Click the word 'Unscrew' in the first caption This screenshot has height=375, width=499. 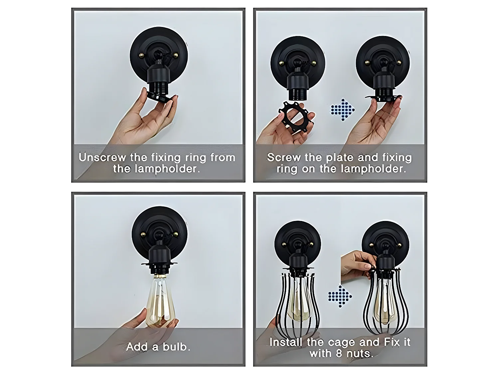(x=102, y=157)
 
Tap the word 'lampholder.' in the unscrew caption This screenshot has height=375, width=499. (x=167, y=169)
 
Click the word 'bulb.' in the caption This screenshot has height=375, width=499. (x=176, y=347)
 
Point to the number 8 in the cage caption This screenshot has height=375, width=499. (x=339, y=353)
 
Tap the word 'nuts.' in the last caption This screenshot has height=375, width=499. (x=360, y=353)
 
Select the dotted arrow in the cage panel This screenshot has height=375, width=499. (x=340, y=296)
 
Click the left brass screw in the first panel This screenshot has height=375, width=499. (x=142, y=55)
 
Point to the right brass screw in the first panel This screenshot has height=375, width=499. (x=176, y=55)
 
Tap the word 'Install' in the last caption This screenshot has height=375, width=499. (x=286, y=342)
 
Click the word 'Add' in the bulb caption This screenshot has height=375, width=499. (x=137, y=347)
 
